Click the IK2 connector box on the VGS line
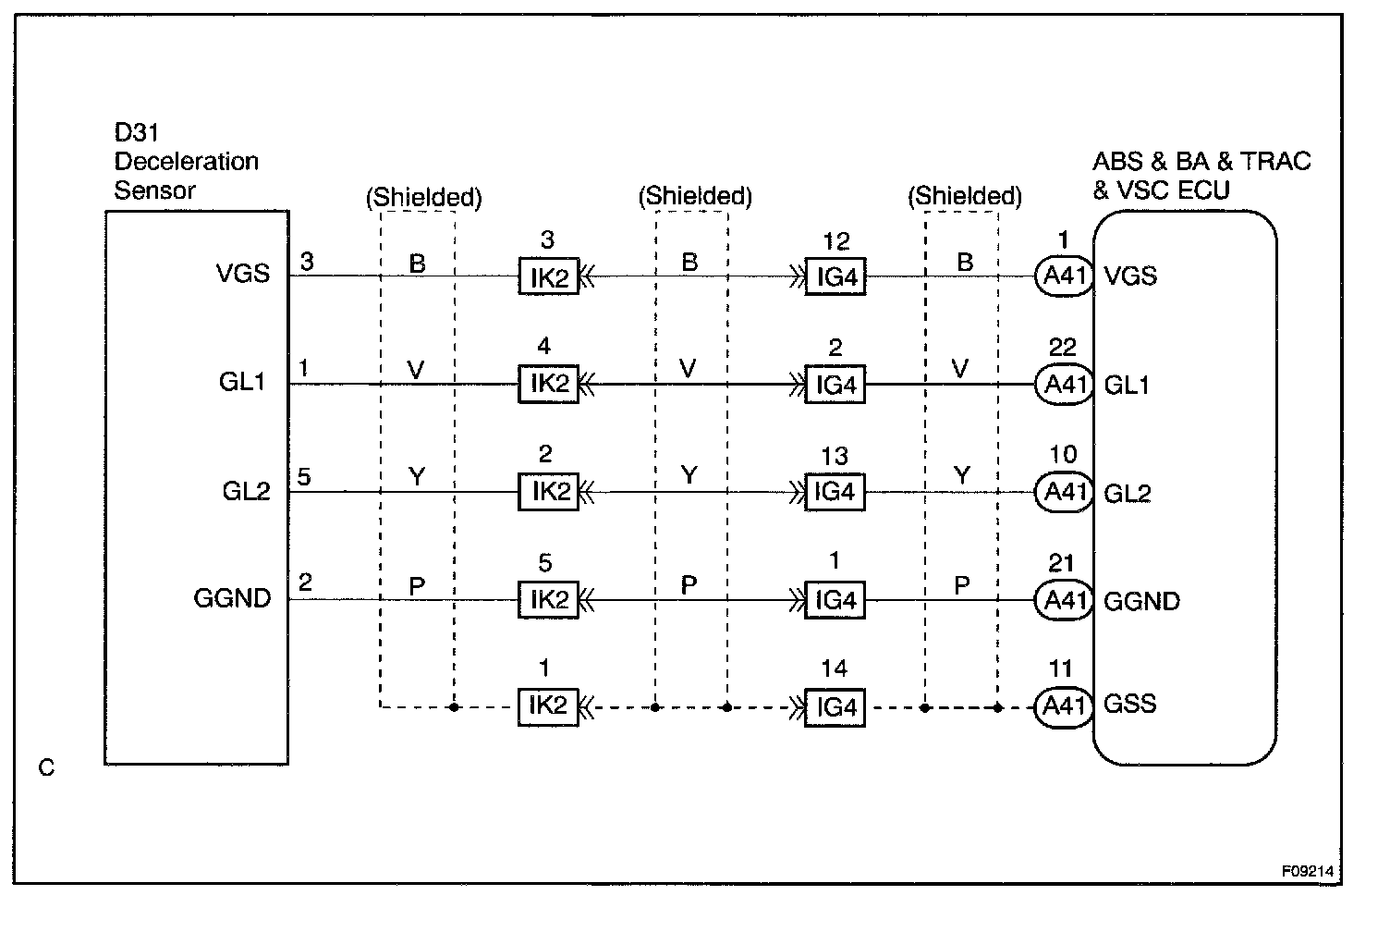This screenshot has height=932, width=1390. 548,276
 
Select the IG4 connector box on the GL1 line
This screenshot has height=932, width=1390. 835,385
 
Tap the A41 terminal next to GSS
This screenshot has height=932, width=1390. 1064,707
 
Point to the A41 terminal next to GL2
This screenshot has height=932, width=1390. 1064,492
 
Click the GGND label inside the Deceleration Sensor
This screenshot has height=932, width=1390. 232,598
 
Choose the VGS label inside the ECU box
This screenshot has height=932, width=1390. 1130,276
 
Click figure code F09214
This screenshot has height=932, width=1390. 1308,871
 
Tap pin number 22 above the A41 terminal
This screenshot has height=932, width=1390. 1063,348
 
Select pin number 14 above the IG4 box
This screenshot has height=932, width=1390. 834,668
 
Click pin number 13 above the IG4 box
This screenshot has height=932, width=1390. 834,456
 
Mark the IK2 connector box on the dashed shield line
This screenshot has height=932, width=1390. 548,706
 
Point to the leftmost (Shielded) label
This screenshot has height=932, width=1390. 424,197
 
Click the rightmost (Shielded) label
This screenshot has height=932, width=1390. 965,196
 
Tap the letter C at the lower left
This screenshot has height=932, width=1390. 47,767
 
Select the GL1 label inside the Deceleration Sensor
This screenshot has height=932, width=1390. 242,382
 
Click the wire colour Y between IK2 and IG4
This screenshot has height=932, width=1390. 689,475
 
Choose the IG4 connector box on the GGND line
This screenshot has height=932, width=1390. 835,600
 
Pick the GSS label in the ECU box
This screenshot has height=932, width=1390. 1130,704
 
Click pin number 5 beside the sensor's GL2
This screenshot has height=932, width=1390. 304,477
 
